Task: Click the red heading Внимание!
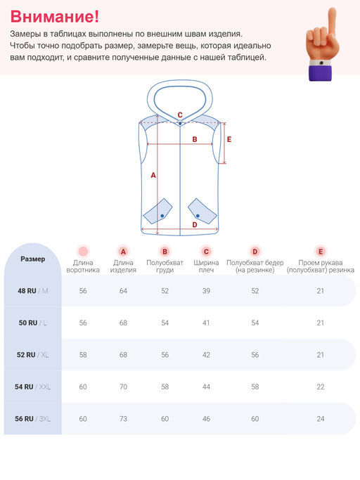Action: pyautogui.click(x=55, y=17)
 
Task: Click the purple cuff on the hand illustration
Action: pyautogui.click(x=320, y=73)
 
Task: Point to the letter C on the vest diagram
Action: pyautogui.click(x=180, y=115)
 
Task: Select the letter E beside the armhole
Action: pyautogui.click(x=229, y=140)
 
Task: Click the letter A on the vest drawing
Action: pyautogui.click(x=153, y=176)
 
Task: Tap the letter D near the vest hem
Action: pyautogui.click(x=195, y=225)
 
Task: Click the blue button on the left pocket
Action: pyautogui.click(x=162, y=216)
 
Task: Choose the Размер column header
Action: pyautogui.click(x=33, y=259)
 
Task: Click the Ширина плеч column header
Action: pyautogui.click(x=206, y=266)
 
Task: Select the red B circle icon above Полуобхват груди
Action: pyautogui.click(x=165, y=252)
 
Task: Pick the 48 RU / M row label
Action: pyautogui.click(x=33, y=291)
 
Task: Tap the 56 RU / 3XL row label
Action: pyautogui.click(x=33, y=418)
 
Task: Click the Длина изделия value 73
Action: pyautogui.click(x=123, y=418)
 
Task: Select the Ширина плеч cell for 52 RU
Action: pyautogui.click(x=206, y=355)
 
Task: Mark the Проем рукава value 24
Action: pyautogui.click(x=321, y=418)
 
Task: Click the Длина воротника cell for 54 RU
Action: pyautogui.click(x=83, y=387)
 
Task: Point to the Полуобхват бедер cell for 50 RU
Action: pyautogui.click(x=255, y=323)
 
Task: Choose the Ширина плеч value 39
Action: pyautogui.click(x=206, y=291)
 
